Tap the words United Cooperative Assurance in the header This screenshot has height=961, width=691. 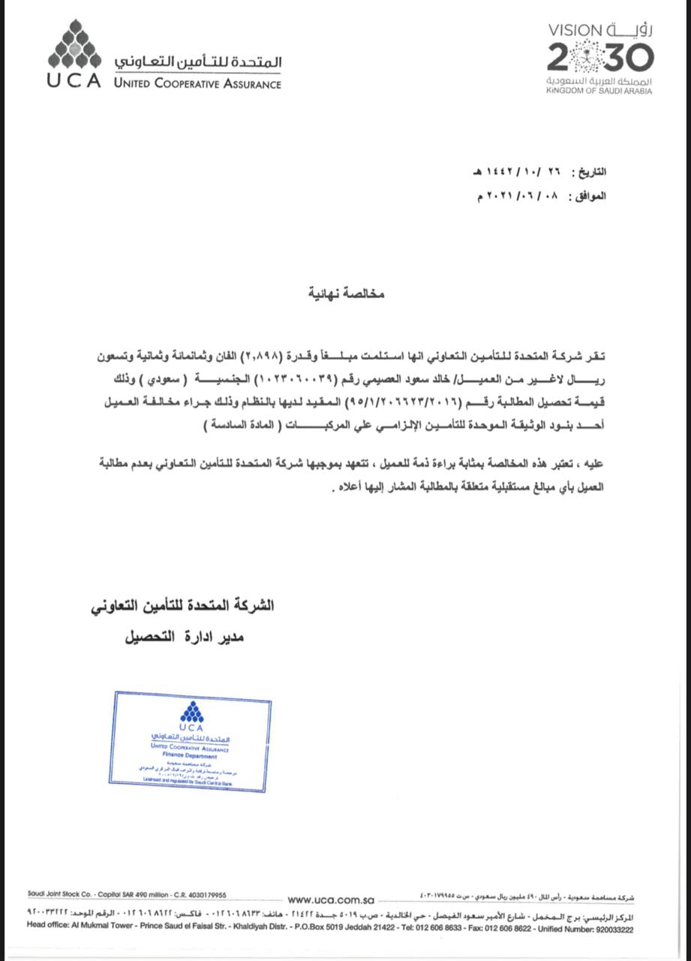(197, 83)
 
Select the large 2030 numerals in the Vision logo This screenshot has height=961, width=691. (599, 57)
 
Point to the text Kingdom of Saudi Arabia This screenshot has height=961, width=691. (599, 91)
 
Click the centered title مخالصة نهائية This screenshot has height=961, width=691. (347, 294)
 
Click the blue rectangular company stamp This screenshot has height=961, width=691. (191, 740)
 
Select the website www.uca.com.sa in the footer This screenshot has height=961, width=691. (330, 899)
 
